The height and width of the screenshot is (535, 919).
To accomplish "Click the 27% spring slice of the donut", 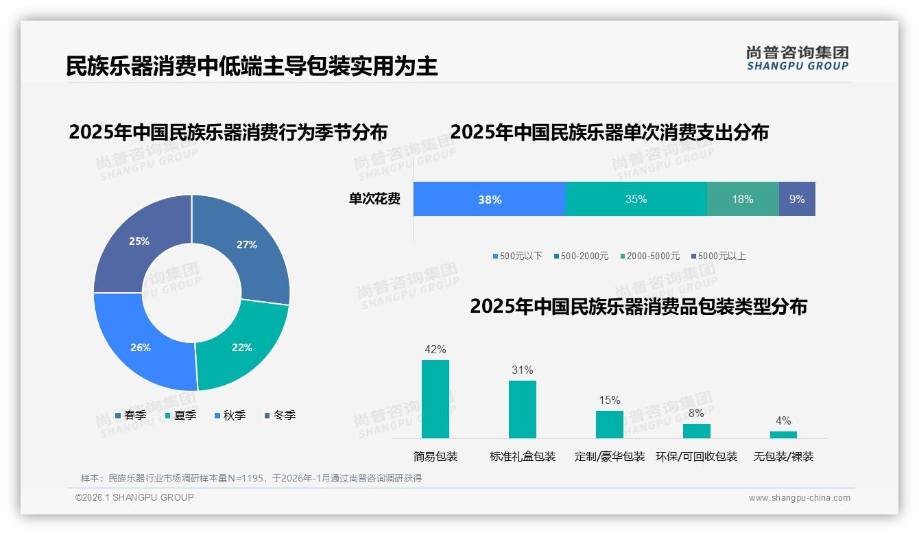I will [247, 244].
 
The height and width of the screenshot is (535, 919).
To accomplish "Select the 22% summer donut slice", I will [242, 347].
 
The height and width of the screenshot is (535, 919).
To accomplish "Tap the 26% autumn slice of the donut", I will [141, 347].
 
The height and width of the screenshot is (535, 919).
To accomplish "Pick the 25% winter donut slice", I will [139, 241].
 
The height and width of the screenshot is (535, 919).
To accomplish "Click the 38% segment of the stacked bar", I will [490, 199].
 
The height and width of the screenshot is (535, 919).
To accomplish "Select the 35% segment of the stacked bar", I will [636, 199].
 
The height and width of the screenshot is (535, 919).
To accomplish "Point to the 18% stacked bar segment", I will [742, 199].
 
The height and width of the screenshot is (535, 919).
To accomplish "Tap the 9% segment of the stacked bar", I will [797, 199].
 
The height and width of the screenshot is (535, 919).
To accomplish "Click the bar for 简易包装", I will [435, 399].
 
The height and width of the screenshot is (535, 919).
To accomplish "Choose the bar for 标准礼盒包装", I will [523, 409].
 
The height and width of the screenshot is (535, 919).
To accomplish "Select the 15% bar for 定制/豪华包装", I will [610, 425].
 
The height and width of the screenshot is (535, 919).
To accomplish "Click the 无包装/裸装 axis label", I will [783, 456].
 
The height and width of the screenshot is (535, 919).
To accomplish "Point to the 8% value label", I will [696, 413].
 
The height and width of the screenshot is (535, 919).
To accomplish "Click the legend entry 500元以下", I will [517, 256].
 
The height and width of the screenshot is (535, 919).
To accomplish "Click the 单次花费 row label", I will [374, 199].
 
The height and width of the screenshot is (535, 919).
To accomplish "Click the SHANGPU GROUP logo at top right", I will [798, 58].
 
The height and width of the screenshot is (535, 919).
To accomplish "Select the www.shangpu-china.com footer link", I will [799, 497].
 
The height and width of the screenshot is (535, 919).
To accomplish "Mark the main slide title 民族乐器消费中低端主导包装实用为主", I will [252, 66].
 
